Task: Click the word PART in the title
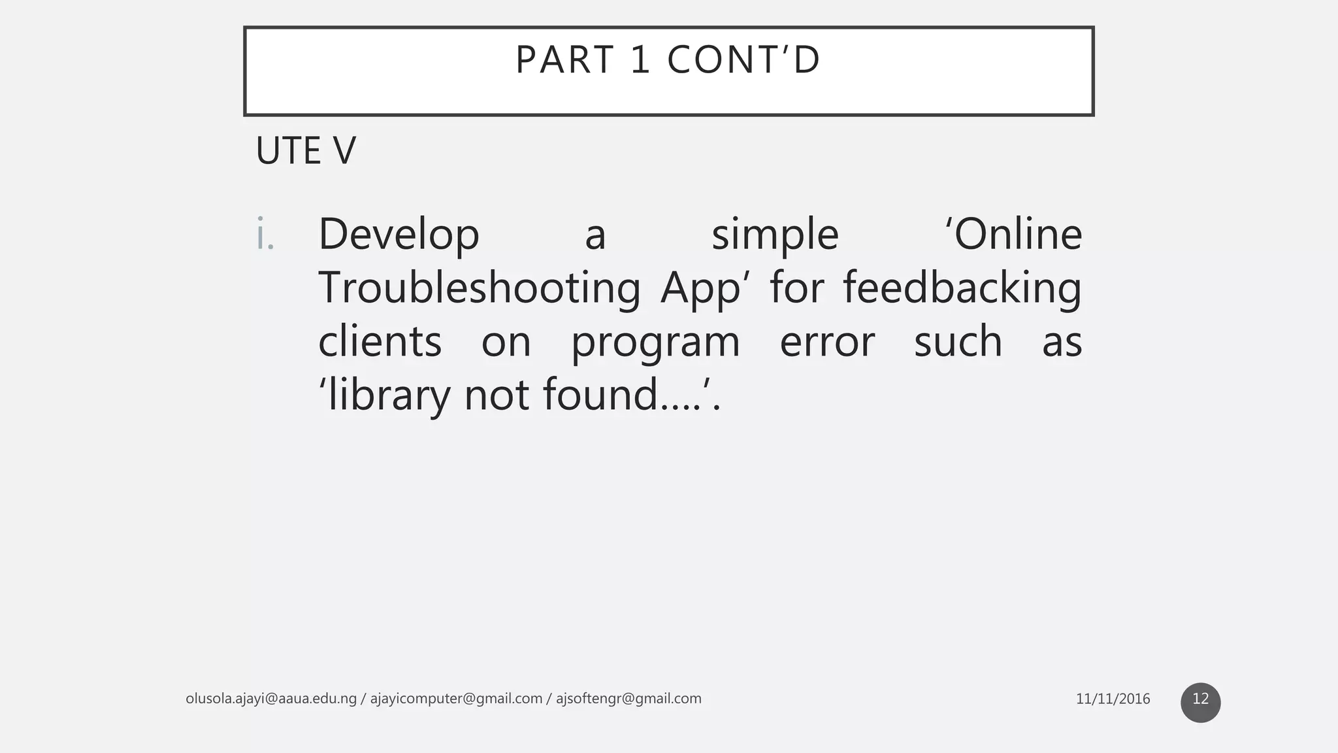(x=564, y=60)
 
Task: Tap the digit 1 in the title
(x=640, y=60)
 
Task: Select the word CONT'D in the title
(x=743, y=60)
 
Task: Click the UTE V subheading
(x=306, y=151)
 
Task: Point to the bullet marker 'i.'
(x=265, y=235)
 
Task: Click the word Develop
(x=399, y=235)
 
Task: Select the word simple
(x=775, y=235)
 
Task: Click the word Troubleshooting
(x=479, y=288)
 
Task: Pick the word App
(x=700, y=288)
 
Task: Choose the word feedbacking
(x=962, y=288)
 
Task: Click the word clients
(x=380, y=342)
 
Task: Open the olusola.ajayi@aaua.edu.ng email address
(x=271, y=699)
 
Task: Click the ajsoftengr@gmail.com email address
(x=628, y=699)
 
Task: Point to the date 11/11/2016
(x=1113, y=699)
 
